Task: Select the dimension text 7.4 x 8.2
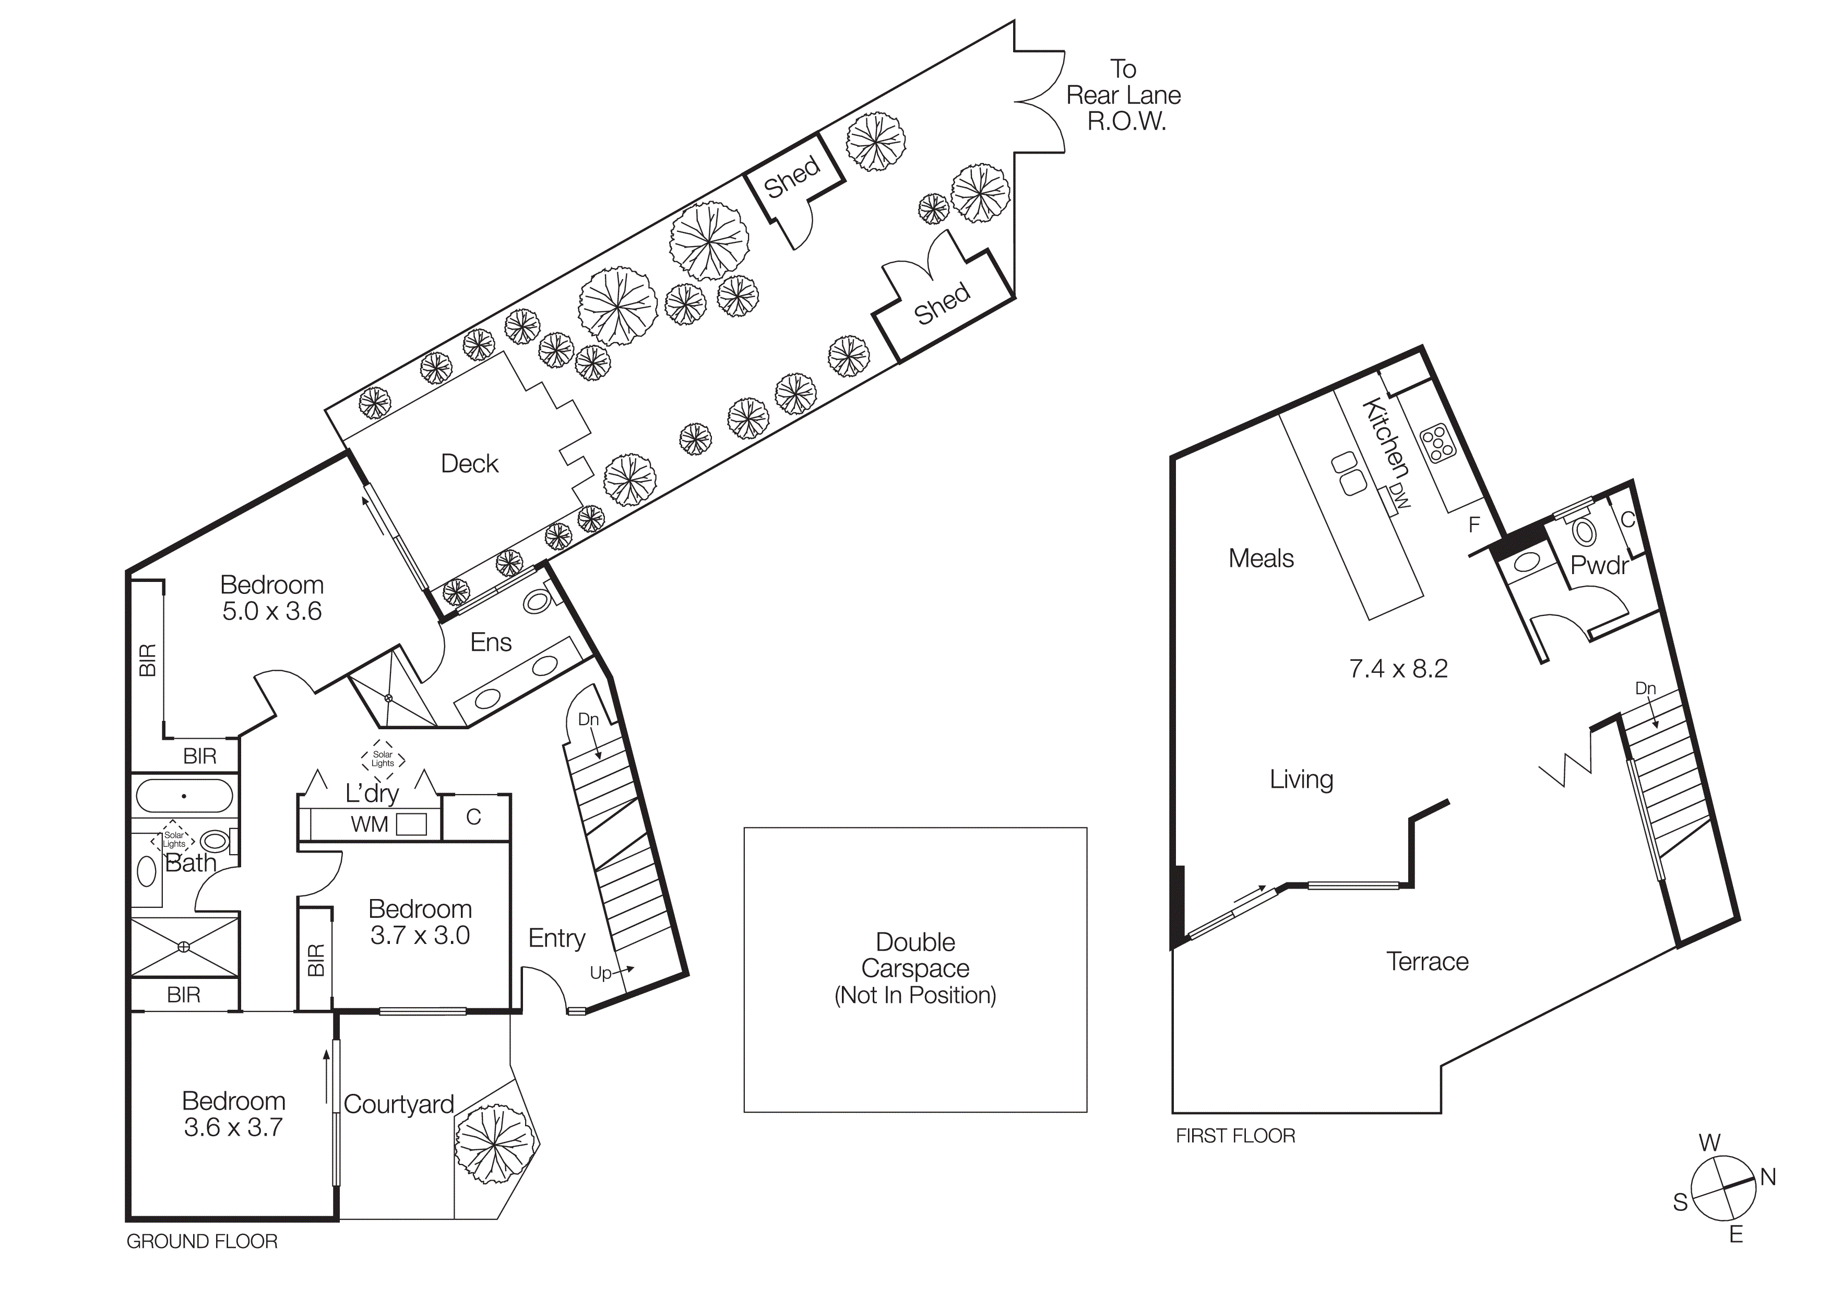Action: coord(1397,669)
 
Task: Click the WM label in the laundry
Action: coord(369,825)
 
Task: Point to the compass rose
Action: coord(1723,1189)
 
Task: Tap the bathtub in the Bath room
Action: coord(184,796)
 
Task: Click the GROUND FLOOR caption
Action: coord(202,1242)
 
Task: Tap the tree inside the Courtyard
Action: coord(494,1144)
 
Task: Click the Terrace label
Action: coord(1426,962)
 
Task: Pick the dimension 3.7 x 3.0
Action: coord(420,935)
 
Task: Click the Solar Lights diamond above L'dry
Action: coord(383,759)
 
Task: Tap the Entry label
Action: coord(556,938)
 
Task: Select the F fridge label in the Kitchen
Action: coord(1474,524)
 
